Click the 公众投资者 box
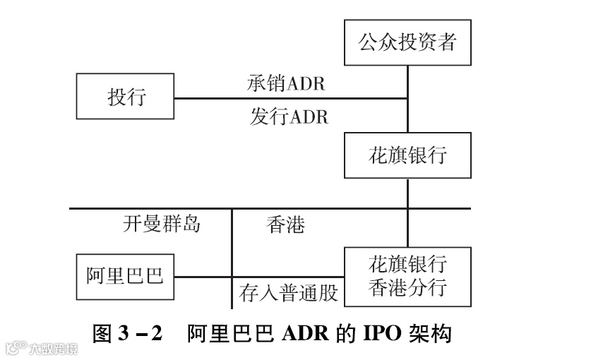407,42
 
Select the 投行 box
126,97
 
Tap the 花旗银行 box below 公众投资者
407,155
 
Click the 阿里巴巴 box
124,275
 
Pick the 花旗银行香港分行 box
407,276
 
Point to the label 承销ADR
286,83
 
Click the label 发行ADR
289,116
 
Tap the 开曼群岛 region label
162,224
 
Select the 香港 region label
285,225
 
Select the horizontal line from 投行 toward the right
289,99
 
